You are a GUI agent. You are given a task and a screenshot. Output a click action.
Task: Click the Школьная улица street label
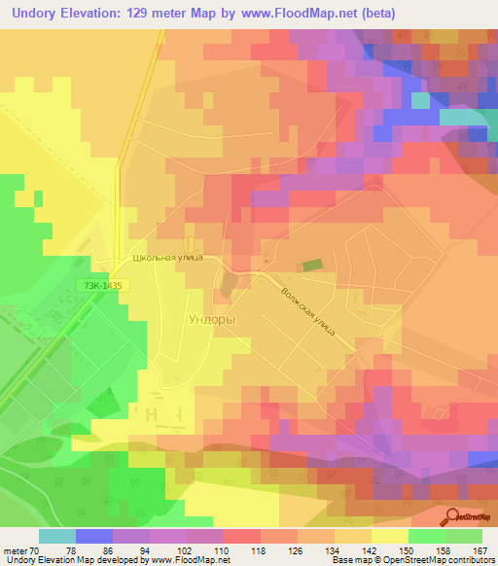coord(168,257)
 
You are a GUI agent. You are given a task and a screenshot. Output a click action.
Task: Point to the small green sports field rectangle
coord(311,265)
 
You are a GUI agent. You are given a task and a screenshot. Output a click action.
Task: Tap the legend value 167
coord(480,549)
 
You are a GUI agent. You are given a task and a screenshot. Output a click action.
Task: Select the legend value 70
coord(39,549)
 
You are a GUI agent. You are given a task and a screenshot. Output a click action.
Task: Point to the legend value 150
coord(408,549)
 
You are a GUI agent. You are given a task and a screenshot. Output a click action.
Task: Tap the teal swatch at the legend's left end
coord(56,536)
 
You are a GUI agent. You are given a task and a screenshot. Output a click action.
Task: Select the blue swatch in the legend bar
coord(93,536)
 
